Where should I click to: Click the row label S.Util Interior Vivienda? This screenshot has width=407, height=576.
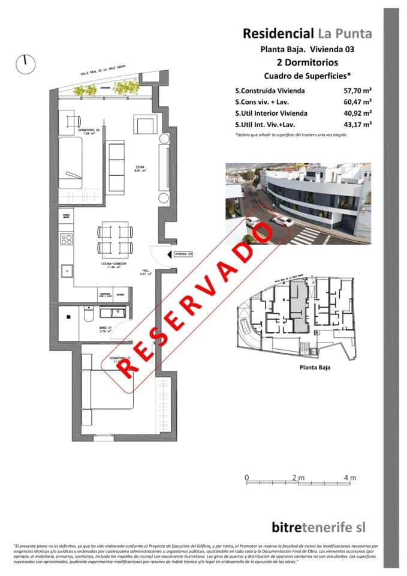point(272,113)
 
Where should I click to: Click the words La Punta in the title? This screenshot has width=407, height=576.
point(345,34)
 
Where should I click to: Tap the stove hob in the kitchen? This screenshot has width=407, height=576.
point(66,239)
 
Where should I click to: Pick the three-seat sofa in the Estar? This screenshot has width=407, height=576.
point(115,164)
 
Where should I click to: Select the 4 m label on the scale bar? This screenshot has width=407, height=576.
point(350,478)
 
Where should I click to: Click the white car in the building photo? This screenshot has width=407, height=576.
point(282,221)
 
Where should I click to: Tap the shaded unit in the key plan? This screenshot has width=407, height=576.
point(298,306)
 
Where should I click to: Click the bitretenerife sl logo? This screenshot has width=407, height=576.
point(318,527)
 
